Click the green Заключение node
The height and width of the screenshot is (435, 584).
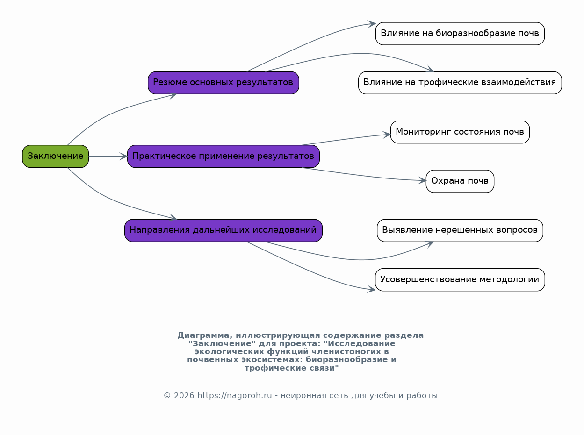click(55, 157)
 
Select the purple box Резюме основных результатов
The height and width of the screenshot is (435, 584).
click(224, 83)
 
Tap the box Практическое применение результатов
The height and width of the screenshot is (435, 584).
click(224, 157)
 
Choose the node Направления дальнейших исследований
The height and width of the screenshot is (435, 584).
click(224, 230)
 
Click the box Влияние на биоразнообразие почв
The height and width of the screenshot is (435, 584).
click(460, 34)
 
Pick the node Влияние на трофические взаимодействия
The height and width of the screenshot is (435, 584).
click(460, 83)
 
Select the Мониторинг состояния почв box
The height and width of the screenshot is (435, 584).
click(460, 132)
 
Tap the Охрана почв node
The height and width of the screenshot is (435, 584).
click(460, 181)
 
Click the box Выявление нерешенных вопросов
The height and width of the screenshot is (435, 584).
click(460, 230)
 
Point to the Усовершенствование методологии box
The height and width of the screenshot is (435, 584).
click(460, 280)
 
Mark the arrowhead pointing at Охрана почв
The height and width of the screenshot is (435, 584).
click(422, 180)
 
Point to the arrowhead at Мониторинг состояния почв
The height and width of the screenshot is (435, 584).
click(387, 135)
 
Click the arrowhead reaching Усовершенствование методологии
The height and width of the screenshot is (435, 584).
click(371, 289)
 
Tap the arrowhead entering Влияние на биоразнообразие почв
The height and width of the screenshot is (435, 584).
click(372, 24)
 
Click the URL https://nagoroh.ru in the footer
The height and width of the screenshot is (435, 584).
click(234, 396)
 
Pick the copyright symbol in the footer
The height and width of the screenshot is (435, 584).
click(167, 396)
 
